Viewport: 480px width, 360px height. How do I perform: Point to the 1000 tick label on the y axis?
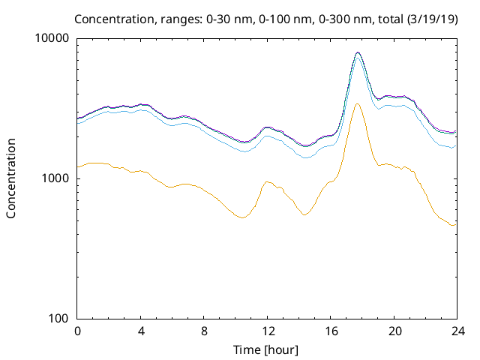click(x=56, y=178)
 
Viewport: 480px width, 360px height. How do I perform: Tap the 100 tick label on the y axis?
click(x=59, y=319)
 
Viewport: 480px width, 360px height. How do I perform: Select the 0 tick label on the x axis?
click(x=77, y=331)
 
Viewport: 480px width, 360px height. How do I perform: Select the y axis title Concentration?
click(x=11, y=178)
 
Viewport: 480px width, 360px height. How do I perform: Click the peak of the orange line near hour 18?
click(x=358, y=103)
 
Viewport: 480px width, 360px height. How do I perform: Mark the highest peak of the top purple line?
click(x=358, y=52)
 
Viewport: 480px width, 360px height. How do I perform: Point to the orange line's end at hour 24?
click(x=455, y=224)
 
